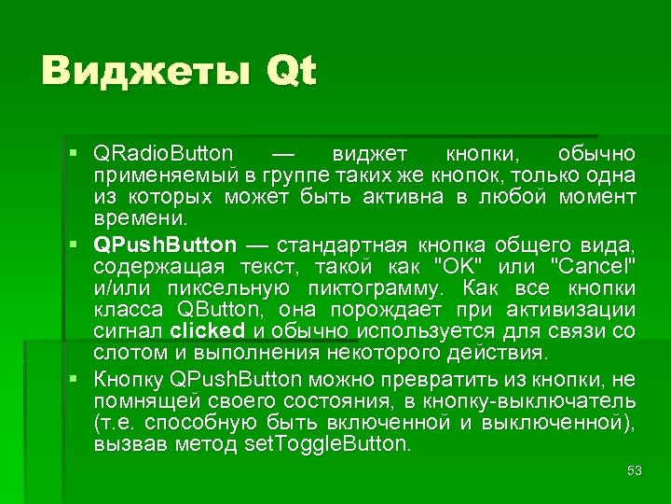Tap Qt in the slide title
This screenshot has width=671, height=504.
click(x=291, y=72)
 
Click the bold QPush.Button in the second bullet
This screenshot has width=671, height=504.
click(x=165, y=245)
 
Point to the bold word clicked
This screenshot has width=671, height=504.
click(x=208, y=330)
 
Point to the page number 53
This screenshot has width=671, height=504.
click(x=635, y=471)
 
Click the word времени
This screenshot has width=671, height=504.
click(x=140, y=218)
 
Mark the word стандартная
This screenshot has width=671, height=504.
click(x=340, y=245)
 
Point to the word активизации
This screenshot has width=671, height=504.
click(x=570, y=309)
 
